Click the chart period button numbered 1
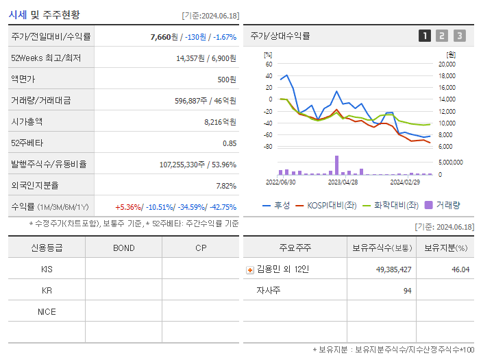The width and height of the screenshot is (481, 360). pyautogui.click(x=425, y=36)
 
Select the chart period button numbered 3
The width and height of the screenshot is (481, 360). pyautogui.click(x=459, y=36)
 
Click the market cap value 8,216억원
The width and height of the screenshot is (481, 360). pyautogui.click(x=220, y=121)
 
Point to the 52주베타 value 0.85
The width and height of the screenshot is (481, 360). pyautogui.click(x=229, y=143)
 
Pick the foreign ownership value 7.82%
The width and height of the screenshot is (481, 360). pyautogui.click(x=225, y=185)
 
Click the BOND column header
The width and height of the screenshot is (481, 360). pyautogui.click(x=123, y=248)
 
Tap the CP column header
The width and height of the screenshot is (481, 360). pyautogui.click(x=200, y=248)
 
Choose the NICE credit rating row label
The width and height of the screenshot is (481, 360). pyautogui.click(x=47, y=311)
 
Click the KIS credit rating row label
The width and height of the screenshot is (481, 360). pyautogui.click(x=47, y=269)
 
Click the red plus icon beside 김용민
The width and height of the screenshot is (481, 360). pyautogui.click(x=249, y=269)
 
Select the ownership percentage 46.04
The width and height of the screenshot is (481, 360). pyautogui.click(x=460, y=269)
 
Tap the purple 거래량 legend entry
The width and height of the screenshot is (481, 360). pyautogui.click(x=442, y=205)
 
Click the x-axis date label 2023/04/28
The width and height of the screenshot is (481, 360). pyautogui.click(x=343, y=182)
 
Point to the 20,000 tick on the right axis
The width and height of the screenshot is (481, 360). pyautogui.click(x=446, y=64)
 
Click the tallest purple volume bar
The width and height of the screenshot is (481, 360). pyautogui.click(x=336, y=165)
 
